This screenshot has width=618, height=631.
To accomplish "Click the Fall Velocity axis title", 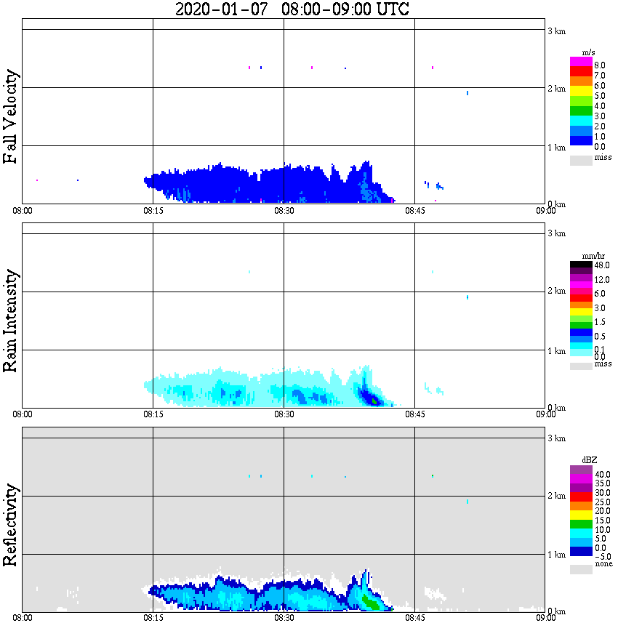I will pos(11,116).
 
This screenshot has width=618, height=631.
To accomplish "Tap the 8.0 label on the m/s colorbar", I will pos(599,65).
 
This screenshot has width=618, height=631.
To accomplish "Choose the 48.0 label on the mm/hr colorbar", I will pos(601,266).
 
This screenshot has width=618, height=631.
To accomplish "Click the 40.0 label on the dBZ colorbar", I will pos(601,474).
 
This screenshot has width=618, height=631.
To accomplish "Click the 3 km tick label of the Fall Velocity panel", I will pos(556,30).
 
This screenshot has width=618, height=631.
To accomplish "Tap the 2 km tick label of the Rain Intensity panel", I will pos(556,291).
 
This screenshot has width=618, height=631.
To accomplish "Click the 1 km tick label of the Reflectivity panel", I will pos(556,555).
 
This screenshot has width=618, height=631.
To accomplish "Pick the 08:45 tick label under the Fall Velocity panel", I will pos(414,210).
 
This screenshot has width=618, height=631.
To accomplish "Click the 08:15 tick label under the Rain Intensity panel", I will pos(153,414).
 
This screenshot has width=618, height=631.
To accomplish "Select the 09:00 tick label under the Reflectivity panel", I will pos(546,618).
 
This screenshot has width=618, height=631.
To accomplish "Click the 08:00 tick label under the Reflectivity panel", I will pos(23,618).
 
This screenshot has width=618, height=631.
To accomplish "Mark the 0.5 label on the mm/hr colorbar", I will pos(599,337).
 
